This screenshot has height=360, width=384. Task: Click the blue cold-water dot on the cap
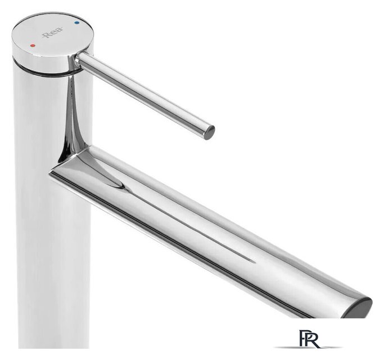(77, 23)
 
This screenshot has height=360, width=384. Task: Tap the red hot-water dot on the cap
(32, 46)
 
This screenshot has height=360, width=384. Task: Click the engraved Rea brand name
(52, 33)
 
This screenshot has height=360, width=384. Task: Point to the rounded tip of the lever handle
(209, 132)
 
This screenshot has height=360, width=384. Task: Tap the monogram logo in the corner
(309, 339)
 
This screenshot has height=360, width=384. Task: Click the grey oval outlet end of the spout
(358, 308)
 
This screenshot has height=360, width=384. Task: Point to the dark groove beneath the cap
(47, 71)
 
